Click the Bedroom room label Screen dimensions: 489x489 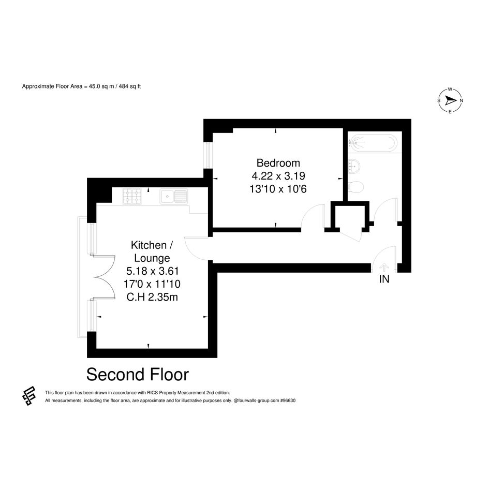(x=278, y=163)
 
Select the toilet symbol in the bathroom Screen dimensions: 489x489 (x=355, y=188)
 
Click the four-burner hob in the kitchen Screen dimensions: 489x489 (x=132, y=197)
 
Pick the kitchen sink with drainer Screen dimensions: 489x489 (x=174, y=197)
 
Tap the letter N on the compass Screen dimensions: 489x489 (x=461, y=100)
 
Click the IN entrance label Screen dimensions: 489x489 (x=384, y=279)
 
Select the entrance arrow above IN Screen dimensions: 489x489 (x=384, y=268)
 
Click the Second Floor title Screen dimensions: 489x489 (x=138, y=375)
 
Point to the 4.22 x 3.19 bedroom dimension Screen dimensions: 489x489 (x=278, y=176)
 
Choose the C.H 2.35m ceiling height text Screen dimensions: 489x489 (x=152, y=297)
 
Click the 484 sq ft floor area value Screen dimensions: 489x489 (x=130, y=86)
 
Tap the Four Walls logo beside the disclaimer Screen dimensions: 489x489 (x=29, y=395)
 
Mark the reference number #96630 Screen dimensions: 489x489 (x=288, y=401)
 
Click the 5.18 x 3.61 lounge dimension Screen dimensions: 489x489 (x=153, y=271)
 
